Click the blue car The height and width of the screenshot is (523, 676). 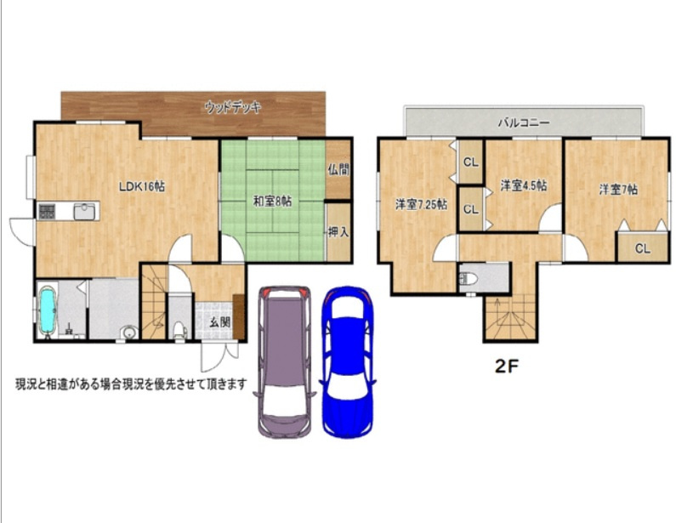pyautogui.click(x=348, y=362)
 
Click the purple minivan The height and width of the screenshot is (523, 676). pyautogui.click(x=285, y=361)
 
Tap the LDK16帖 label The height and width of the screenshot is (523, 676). pyautogui.click(x=142, y=186)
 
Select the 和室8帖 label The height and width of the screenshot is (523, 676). pyautogui.click(x=272, y=201)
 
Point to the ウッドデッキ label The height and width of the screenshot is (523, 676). pyautogui.click(x=233, y=106)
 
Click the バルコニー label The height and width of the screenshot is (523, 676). pyautogui.click(x=524, y=122)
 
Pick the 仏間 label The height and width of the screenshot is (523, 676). pyautogui.click(x=338, y=169)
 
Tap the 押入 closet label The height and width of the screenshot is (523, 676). pyautogui.click(x=338, y=232)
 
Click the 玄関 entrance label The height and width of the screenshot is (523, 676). pyautogui.click(x=220, y=322)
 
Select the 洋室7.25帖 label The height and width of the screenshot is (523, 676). pyautogui.click(x=421, y=204)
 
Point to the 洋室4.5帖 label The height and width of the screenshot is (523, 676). pyautogui.click(x=524, y=185)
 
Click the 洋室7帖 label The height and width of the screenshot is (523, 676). pyautogui.click(x=618, y=189)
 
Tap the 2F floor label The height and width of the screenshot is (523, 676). pyautogui.click(x=506, y=366)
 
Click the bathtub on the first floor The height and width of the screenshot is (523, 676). pyautogui.click(x=48, y=310)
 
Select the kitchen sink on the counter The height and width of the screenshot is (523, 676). pyautogui.click(x=84, y=211)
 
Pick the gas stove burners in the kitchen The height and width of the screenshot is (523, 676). pyautogui.click(x=47, y=211)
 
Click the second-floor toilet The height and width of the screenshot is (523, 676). pyautogui.click(x=469, y=279)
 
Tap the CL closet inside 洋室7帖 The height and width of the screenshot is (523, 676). pyautogui.click(x=642, y=248)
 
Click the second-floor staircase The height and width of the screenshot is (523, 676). pyautogui.click(x=510, y=318)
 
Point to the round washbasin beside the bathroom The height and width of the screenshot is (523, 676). pyautogui.click(x=128, y=333)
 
